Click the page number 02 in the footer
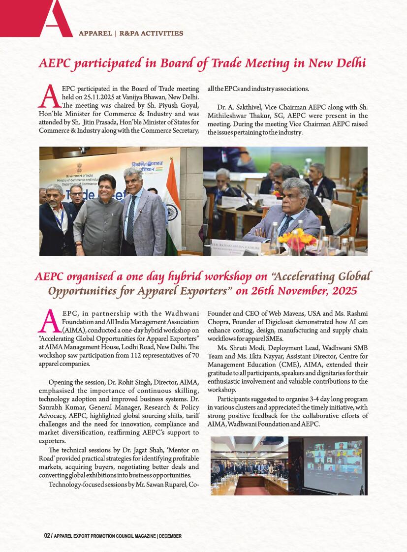(x=47, y=536)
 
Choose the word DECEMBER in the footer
(x=170, y=536)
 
